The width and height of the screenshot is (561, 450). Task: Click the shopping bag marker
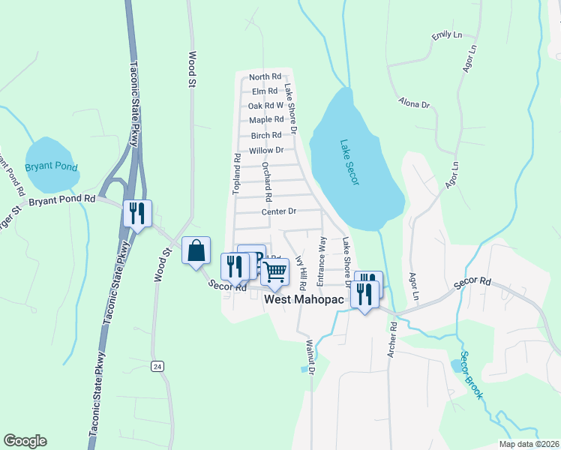click(x=196, y=251)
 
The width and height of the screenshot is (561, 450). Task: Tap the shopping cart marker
click(x=274, y=272)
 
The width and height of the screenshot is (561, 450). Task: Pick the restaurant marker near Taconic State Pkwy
click(x=137, y=214)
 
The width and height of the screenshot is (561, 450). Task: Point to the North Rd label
click(x=265, y=76)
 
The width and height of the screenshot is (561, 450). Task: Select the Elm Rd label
click(x=265, y=91)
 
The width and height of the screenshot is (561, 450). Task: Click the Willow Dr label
click(x=266, y=150)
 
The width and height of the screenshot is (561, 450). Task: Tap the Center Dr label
click(x=280, y=212)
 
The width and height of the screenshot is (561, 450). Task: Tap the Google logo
click(x=25, y=441)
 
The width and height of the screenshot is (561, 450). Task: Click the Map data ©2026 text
click(x=529, y=444)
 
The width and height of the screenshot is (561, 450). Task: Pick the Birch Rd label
click(x=266, y=135)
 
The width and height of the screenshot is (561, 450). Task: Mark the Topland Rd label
click(x=236, y=175)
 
